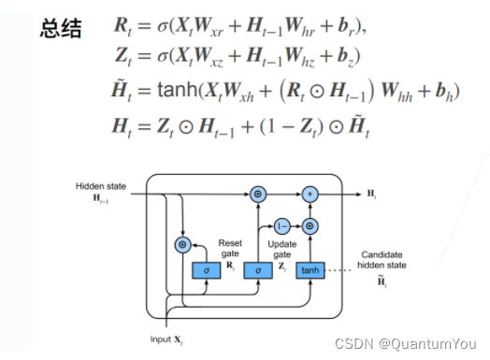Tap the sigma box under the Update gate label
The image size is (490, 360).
(256, 269)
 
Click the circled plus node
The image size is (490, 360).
(310, 194)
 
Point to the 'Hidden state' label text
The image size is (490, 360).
(97, 186)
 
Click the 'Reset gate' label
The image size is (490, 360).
(229, 248)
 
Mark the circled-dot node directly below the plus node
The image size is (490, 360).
(310, 225)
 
